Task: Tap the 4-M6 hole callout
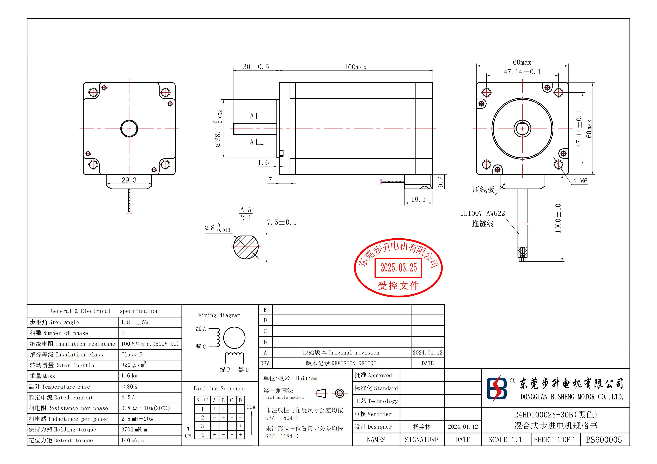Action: [x=580, y=181]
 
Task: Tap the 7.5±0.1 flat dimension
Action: [x=282, y=222]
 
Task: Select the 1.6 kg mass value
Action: [x=129, y=376]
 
